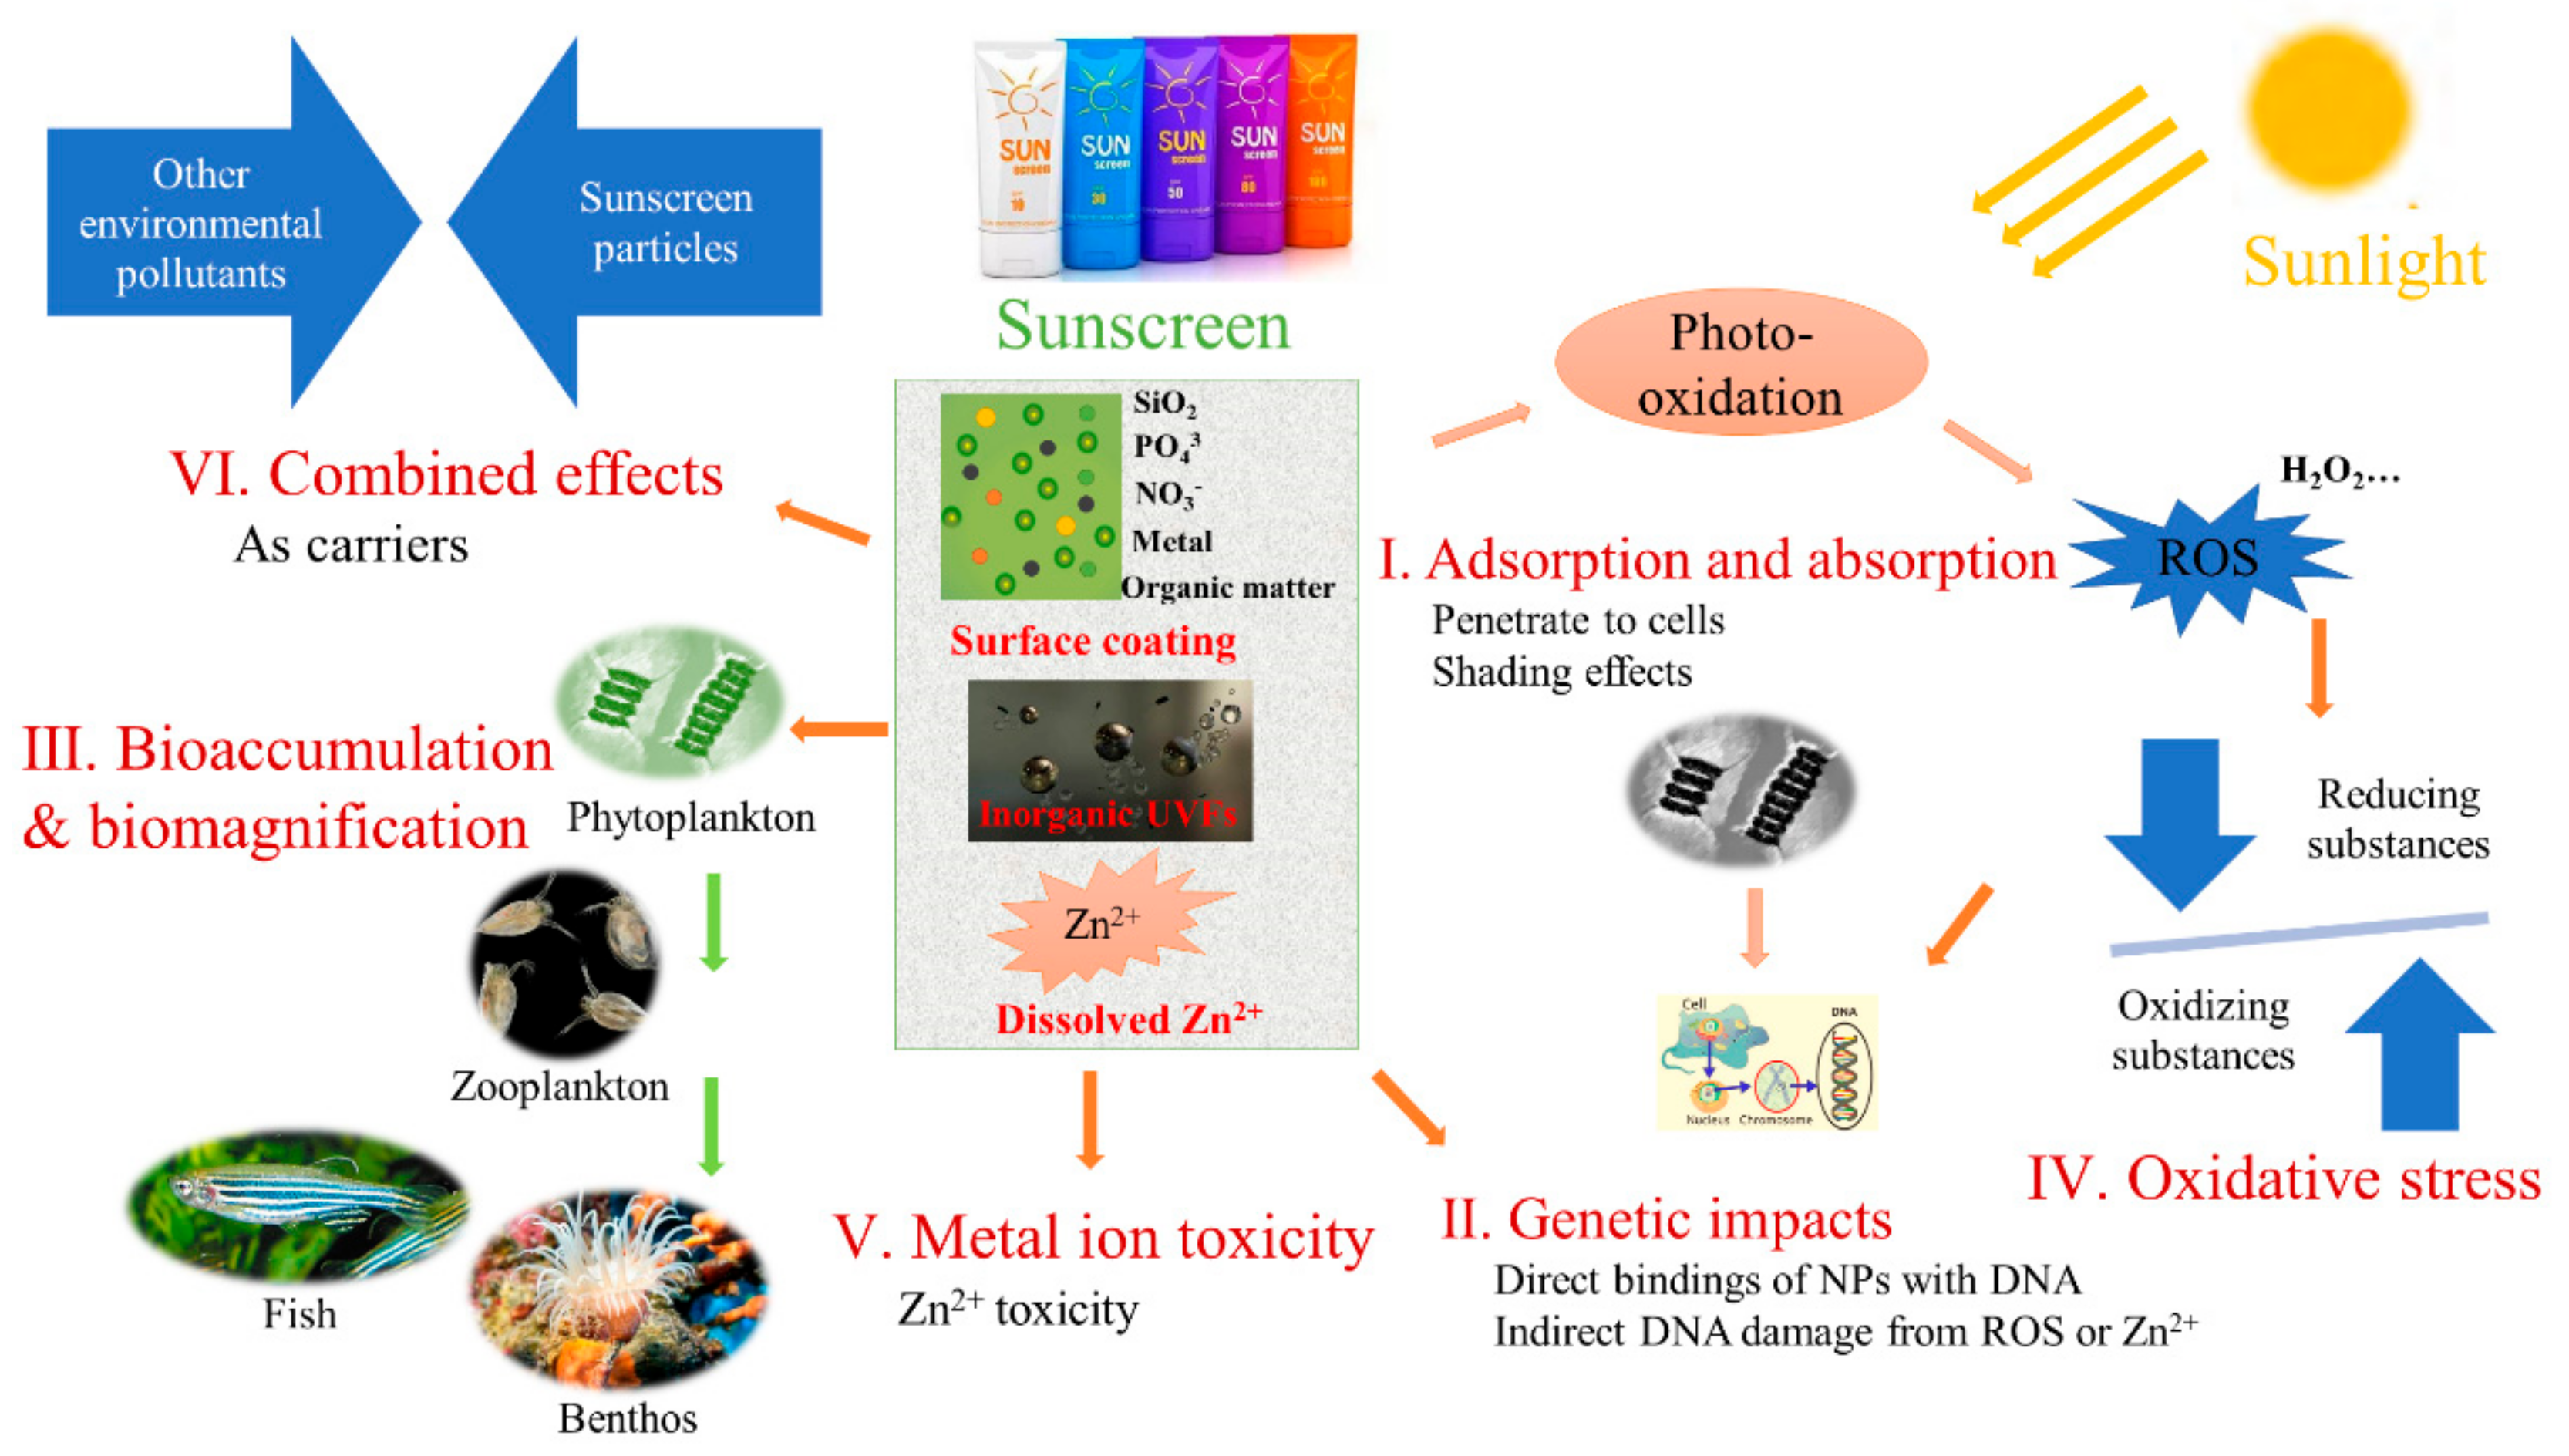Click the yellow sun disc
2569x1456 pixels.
(x=2329, y=108)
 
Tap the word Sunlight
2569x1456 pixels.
(x=2364, y=262)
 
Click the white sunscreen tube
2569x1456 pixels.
(x=1019, y=160)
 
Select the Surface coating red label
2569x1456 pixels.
(x=1093, y=641)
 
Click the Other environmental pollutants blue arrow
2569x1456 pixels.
(x=220, y=223)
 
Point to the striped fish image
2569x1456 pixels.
(x=298, y=1205)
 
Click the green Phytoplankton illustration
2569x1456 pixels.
(x=670, y=702)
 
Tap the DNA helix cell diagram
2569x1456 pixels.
(x=1766, y=1062)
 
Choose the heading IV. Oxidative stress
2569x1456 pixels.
(x=2283, y=1179)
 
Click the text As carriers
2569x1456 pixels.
(x=351, y=546)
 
